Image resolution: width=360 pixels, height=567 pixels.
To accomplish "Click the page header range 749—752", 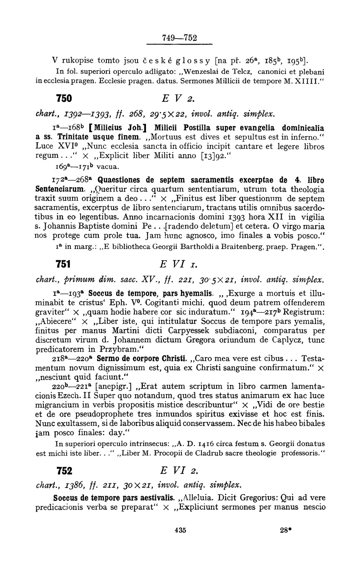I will click(179, 38).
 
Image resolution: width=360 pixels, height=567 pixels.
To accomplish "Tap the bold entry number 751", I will click(63, 264).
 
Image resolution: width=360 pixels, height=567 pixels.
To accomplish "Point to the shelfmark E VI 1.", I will click(178, 264).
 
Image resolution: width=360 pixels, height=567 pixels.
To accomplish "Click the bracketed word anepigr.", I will click(114, 386).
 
